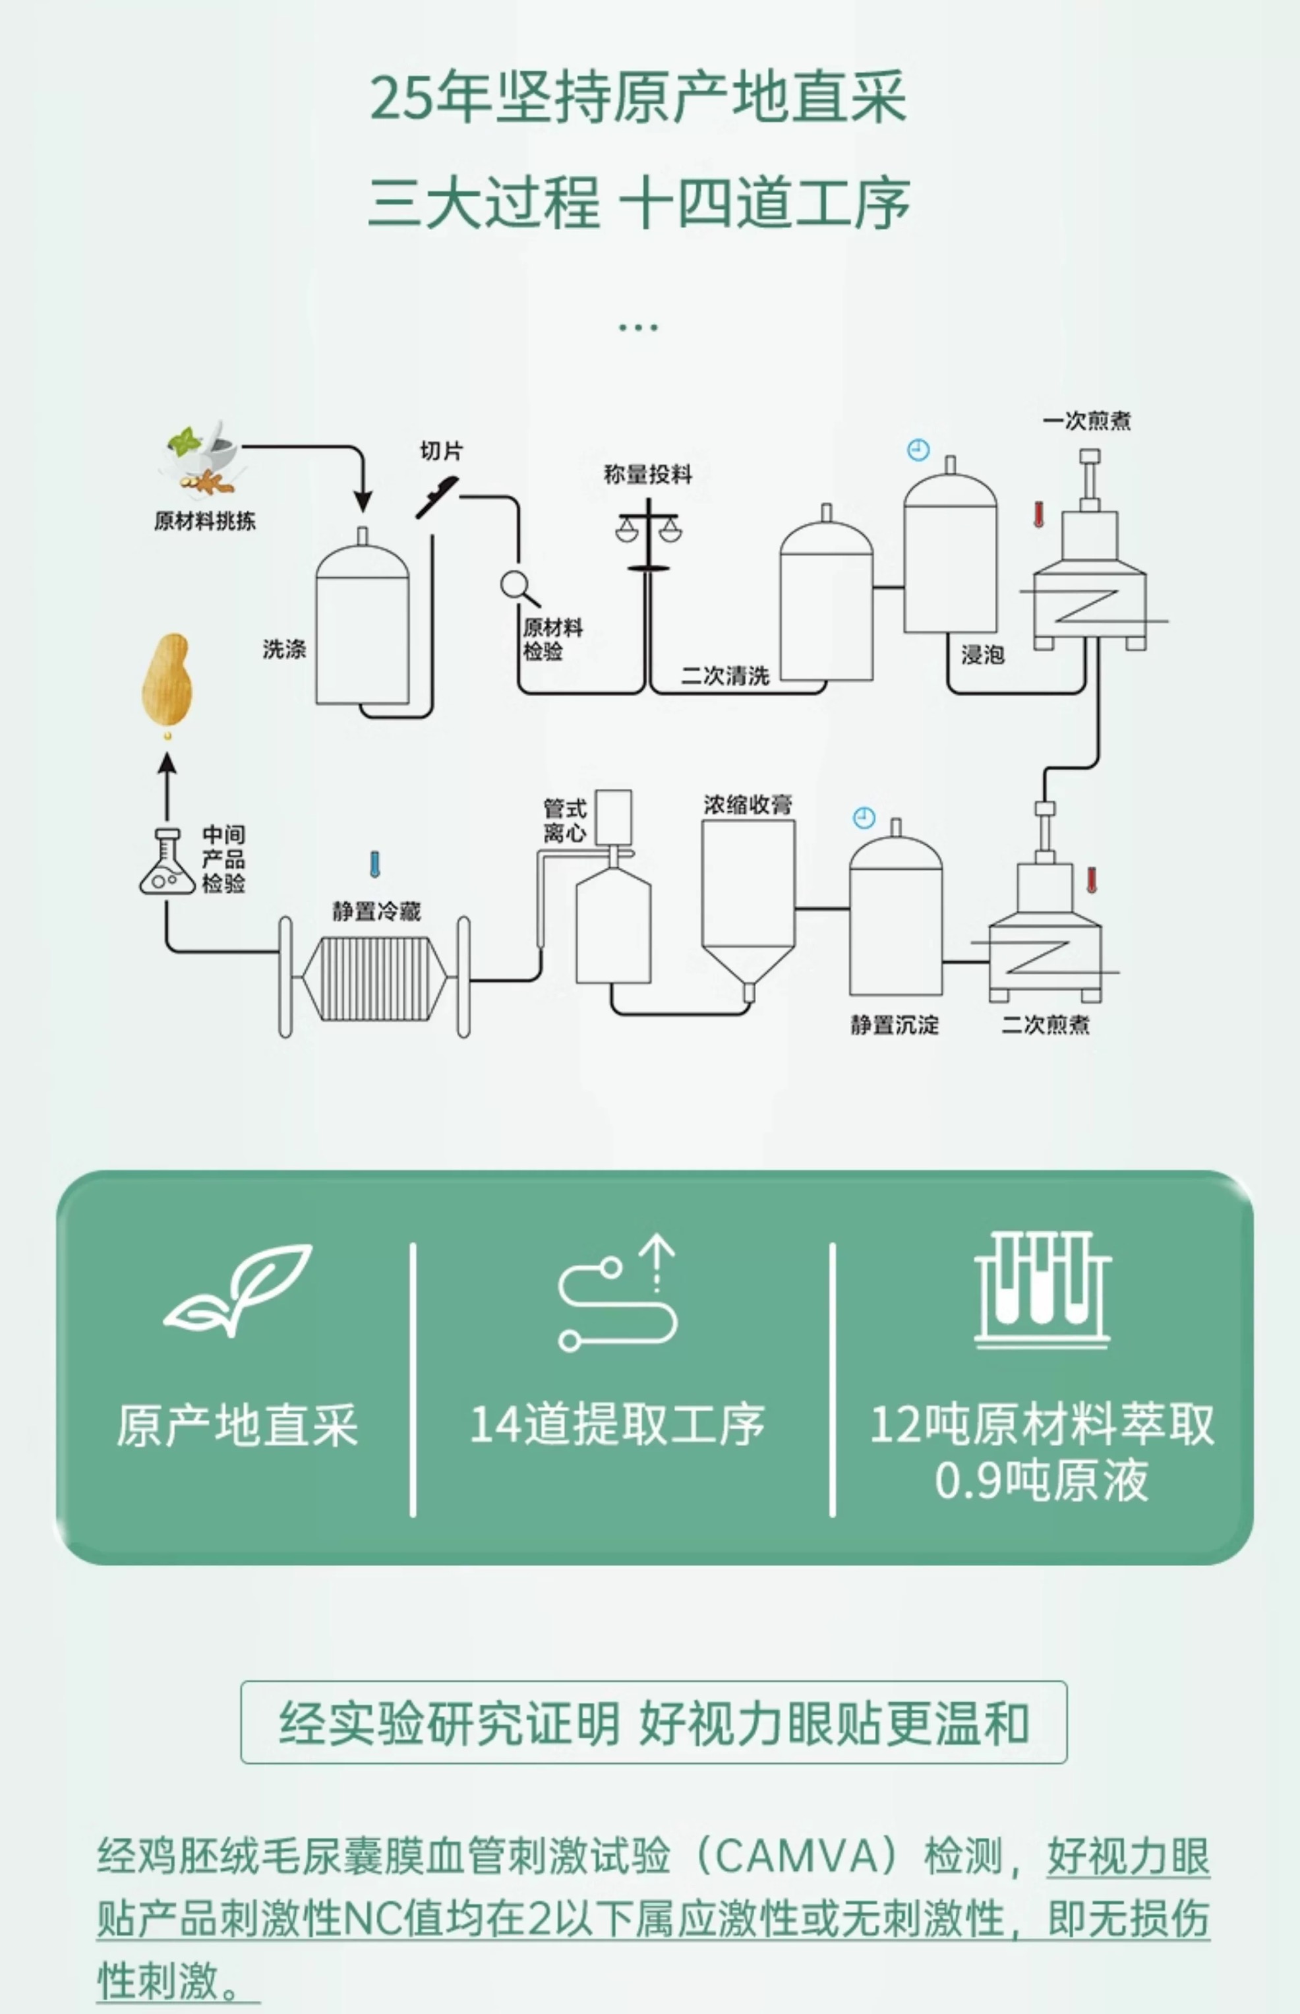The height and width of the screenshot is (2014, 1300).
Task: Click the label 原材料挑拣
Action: coord(204,521)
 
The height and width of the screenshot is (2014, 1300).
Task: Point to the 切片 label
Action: coord(440,451)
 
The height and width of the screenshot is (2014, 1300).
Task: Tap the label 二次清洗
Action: coord(725,675)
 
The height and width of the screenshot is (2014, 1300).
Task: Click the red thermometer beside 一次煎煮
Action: coord(1038,514)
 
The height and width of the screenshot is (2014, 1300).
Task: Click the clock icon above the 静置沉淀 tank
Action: coord(864,818)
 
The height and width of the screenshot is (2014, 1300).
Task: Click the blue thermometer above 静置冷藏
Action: coord(375,864)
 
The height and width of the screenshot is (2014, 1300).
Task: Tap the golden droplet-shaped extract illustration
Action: coord(167,681)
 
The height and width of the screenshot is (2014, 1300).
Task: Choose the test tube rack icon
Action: coord(1042,1289)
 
